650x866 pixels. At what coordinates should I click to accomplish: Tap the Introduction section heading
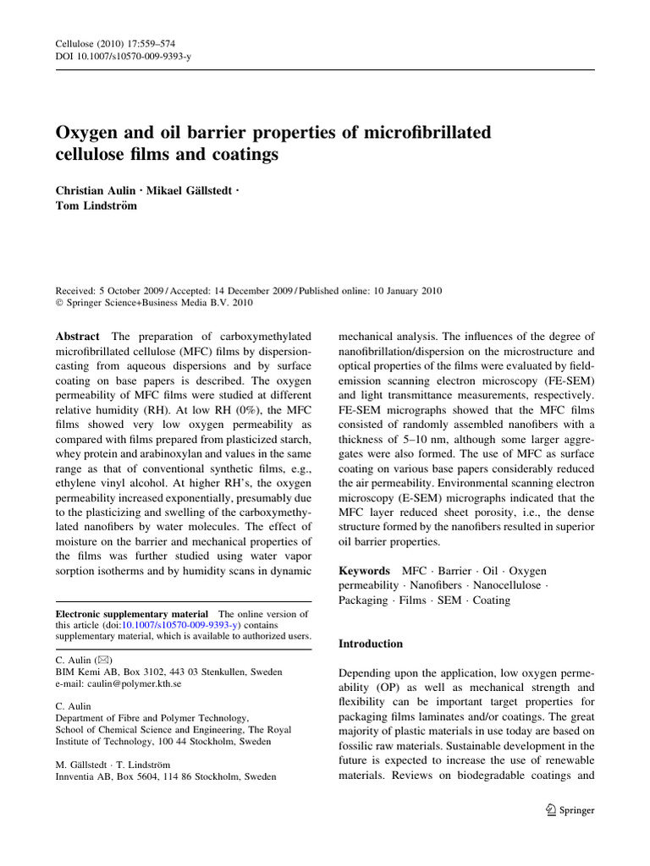[371, 644]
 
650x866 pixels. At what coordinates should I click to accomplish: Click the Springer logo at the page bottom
[571, 809]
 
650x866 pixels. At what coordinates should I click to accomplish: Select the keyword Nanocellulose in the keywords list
[501, 586]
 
